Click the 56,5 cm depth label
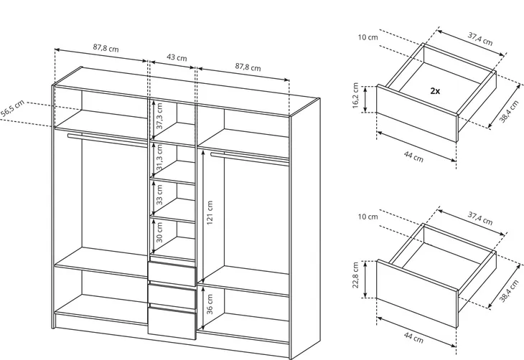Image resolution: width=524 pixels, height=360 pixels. (x=13, y=108)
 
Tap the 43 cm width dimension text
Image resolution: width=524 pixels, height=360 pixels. (x=177, y=57)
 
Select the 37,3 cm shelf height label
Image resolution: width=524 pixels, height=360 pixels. (x=159, y=116)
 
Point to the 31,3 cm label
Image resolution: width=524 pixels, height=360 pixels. (x=159, y=157)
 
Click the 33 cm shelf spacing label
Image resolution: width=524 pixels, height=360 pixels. (x=159, y=194)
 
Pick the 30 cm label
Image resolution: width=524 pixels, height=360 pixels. (x=159, y=232)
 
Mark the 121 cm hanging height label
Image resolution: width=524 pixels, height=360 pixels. (x=210, y=213)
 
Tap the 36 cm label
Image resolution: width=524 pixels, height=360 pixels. (x=210, y=304)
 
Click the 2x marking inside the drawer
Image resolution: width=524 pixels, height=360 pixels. (x=435, y=90)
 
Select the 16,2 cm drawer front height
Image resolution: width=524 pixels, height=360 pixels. (x=355, y=95)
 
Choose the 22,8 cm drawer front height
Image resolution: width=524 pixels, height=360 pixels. (x=355, y=275)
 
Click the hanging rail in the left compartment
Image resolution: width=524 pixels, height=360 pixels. (x=108, y=140)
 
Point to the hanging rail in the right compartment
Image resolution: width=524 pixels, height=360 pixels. (x=250, y=158)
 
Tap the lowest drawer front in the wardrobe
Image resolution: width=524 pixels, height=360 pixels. (x=172, y=323)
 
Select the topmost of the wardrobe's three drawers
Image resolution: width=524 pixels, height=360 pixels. (x=172, y=274)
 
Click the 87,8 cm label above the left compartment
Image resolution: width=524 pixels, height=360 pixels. (x=106, y=48)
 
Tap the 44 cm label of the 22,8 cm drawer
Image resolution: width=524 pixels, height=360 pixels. (x=413, y=338)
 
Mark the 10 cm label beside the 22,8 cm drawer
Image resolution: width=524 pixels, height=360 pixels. (x=368, y=217)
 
